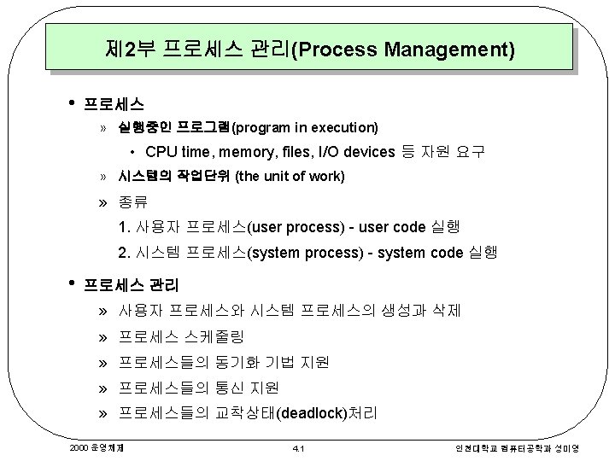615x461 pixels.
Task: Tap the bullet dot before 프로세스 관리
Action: [x=72, y=282]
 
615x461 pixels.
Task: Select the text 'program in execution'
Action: [x=304, y=128]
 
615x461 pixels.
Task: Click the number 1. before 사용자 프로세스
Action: [x=126, y=228]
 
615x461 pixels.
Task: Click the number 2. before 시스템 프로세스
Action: [x=126, y=254]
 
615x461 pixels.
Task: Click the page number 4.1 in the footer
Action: [x=298, y=446]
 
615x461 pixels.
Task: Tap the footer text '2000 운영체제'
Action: [x=94, y=446]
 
